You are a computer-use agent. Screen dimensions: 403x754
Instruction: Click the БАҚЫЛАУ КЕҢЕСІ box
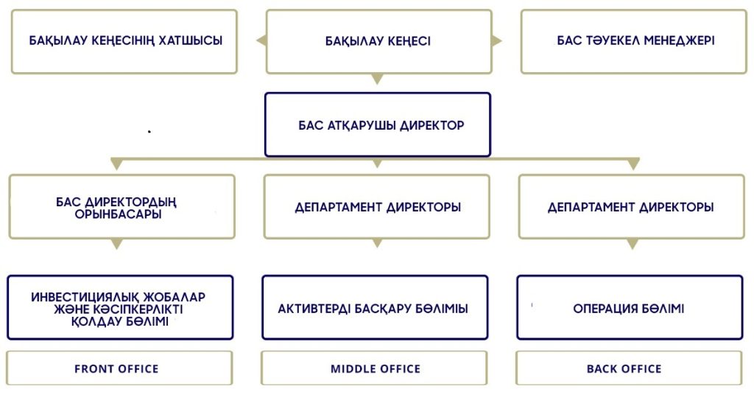tap(378, 41)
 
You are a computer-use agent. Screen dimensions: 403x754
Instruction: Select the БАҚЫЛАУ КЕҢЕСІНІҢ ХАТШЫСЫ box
tap(124, 41)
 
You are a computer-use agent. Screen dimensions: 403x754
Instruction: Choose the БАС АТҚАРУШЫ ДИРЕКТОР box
tap(377, 125)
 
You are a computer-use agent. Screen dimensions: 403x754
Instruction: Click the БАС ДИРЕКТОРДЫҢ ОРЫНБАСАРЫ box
tap(122, 207)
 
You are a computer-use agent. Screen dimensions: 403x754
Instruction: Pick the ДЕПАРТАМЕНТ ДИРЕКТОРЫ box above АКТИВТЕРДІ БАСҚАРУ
tap(377, 207)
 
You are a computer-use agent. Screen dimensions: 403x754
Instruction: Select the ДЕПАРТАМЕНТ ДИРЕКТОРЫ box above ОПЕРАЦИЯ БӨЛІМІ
tap(631, 207)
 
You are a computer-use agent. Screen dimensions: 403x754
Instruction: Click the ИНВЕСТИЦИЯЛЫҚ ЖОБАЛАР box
tap(120, 308)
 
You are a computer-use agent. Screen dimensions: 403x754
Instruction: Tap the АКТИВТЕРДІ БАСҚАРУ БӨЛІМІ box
tap(375, 308)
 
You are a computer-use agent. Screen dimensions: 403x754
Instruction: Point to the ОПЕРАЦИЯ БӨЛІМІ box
tap(630, 308)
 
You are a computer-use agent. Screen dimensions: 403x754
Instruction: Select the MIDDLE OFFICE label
tap(375, 368)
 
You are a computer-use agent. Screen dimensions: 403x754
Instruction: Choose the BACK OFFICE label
tap(629, 368)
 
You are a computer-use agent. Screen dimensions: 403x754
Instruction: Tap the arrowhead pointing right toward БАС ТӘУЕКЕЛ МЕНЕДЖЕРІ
tap(497, 41)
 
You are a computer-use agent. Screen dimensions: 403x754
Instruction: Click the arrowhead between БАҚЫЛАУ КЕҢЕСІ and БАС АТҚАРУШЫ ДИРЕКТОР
tap(378, 79)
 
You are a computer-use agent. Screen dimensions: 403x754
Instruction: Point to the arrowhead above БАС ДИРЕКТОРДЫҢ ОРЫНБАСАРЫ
tap(116, 164)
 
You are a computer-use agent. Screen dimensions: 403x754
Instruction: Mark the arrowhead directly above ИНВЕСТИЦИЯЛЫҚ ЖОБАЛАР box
tap(116, 244)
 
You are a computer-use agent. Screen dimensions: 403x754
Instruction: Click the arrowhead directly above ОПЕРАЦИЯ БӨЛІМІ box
tap(632, 244)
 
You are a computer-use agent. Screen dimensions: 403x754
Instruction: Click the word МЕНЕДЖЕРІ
tap(679, 41)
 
